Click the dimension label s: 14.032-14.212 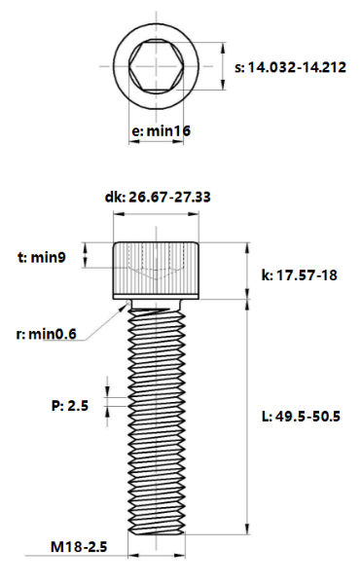point(290,67)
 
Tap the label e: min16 point(162,130)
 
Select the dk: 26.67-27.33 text point(158,197)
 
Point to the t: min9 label point(42,257)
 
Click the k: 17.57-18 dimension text point(300,275)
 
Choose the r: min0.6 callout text point(46,334)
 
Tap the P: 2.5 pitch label point(70,405)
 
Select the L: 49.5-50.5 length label point(302,416)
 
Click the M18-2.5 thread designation point(79,547)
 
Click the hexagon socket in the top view point(157,66)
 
